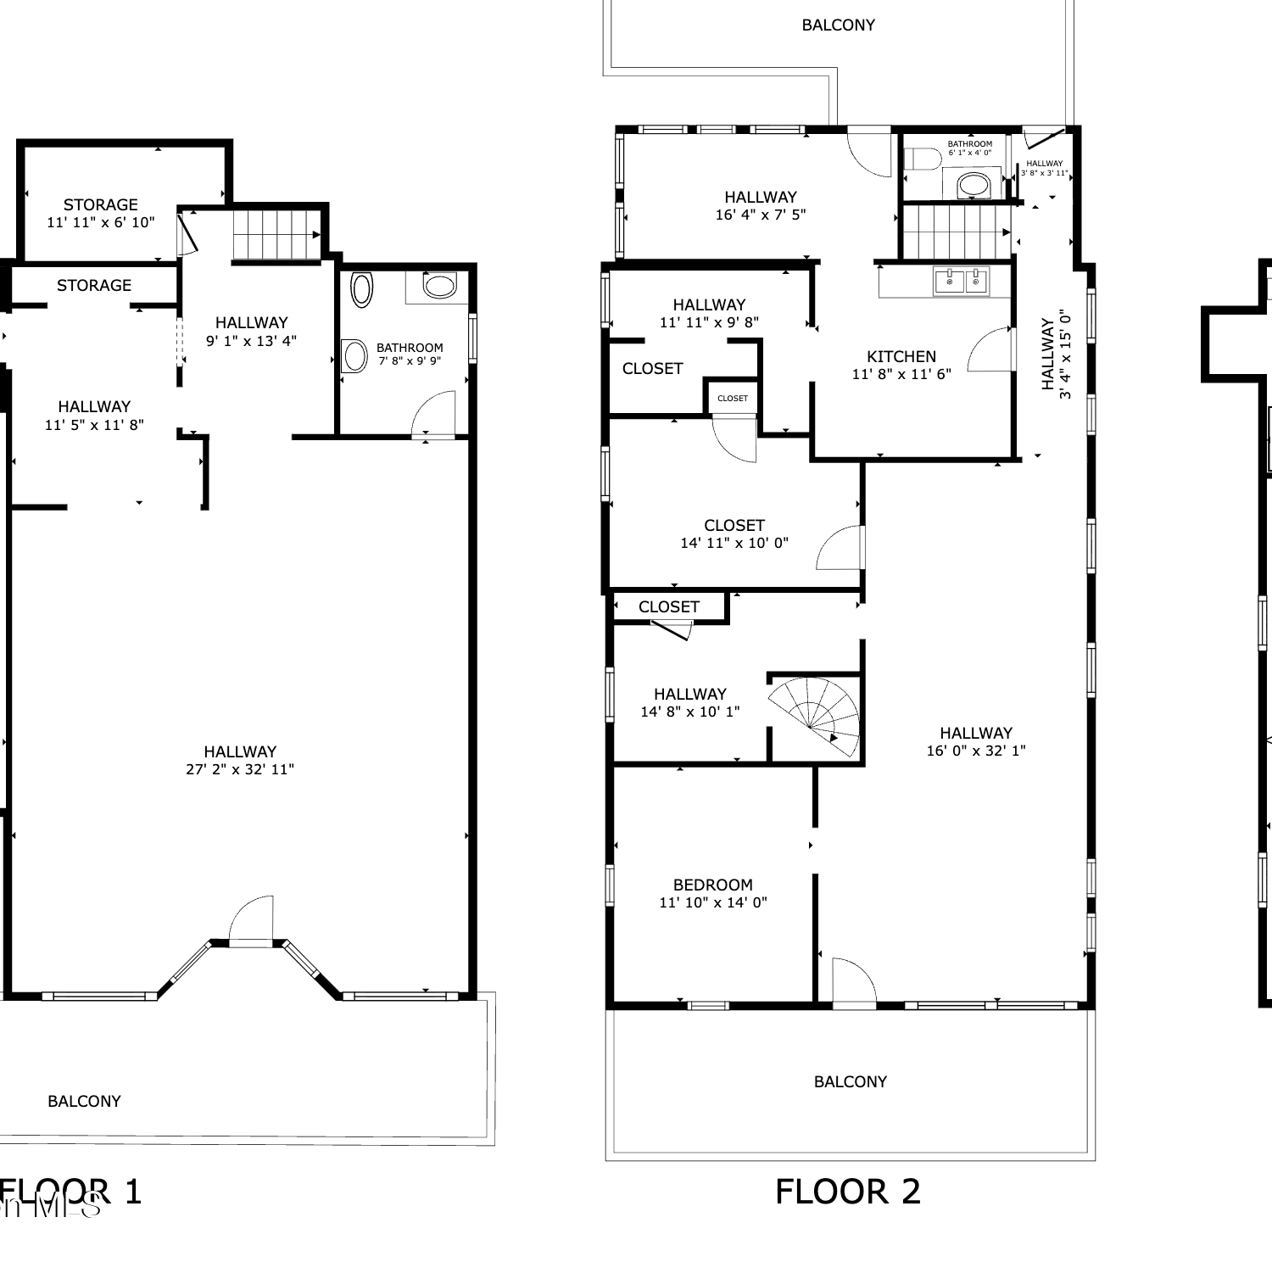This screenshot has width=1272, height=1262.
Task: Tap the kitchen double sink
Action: (961, 281)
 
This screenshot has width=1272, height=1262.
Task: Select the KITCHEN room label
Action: (901, 356)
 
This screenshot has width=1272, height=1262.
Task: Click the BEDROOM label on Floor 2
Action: (713, 885)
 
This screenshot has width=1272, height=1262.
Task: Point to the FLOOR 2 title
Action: (848, 1192)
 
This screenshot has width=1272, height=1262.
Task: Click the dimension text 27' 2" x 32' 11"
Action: (240, 769)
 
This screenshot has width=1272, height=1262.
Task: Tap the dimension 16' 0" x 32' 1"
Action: (976, 751)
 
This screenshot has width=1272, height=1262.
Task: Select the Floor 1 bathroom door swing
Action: (433, 413)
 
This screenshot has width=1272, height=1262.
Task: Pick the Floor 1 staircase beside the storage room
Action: (276, 235)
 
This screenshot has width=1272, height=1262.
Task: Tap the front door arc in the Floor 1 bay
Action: (251, 919)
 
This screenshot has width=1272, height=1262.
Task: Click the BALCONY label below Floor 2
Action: (851, 1081)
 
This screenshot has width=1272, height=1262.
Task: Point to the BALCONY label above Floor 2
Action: (839, 25)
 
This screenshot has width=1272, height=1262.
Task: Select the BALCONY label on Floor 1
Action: (84, 1101)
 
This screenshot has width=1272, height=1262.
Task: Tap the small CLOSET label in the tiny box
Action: (733, 398)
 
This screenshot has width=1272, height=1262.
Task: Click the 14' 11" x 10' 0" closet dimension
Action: (734, 543)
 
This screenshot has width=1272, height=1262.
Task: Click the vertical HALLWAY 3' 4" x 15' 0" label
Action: (1057, 354)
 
